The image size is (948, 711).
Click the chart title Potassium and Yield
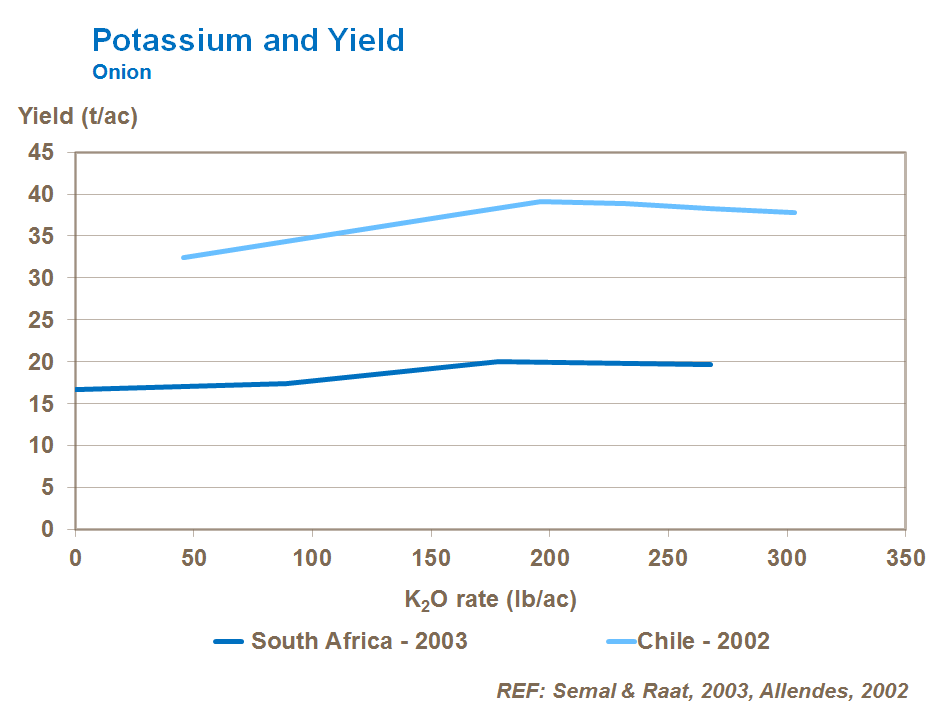(248, 40)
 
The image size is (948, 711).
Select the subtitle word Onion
(121, 72)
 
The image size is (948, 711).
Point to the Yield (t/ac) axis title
(78, 116)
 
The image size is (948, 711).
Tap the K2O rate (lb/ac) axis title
(491, 599)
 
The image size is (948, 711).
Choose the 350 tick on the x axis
(906, 556)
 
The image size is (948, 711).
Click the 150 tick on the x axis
(431, 556)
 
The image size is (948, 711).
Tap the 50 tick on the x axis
(194, 556)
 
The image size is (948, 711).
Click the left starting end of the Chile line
(184, 257)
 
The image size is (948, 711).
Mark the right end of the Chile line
(794, 212)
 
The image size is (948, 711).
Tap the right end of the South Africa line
(710, 364)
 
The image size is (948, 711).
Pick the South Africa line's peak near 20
(499, 361)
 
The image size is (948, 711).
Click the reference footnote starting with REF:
(702, 691)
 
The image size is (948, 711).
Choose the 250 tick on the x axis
(669, 556)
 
